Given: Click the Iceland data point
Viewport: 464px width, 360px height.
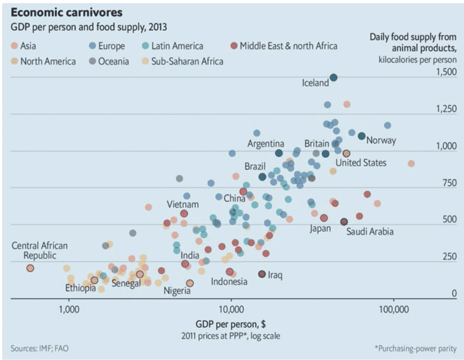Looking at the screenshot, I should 333,78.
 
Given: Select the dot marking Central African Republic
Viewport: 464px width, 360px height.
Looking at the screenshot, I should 30,268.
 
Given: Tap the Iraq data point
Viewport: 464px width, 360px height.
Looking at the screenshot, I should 262,274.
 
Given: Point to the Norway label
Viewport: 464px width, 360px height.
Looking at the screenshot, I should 381,141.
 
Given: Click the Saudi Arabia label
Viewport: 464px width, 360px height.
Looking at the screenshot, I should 370,232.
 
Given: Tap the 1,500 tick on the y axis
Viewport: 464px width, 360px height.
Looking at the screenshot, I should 446,72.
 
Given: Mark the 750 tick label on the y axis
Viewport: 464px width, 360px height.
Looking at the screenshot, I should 449,183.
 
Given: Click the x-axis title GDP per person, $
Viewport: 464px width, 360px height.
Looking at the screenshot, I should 231,324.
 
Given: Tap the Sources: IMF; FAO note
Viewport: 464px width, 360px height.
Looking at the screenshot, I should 39,349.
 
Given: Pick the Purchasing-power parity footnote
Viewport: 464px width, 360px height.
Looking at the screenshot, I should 416,349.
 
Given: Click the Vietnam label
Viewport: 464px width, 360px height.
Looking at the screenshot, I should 183,204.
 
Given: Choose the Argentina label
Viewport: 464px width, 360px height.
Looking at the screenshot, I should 266,144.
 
